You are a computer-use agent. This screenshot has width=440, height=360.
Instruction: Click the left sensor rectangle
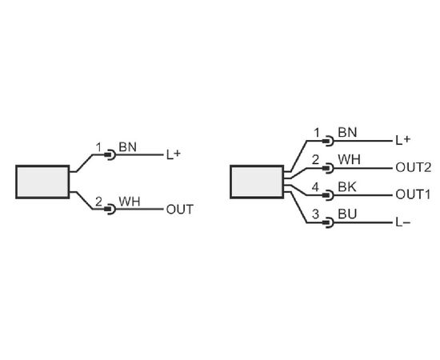coord(42,182)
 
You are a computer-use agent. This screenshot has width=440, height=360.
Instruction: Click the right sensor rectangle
coord(257,182)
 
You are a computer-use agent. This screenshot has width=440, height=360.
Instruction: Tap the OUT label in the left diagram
coord(180,210)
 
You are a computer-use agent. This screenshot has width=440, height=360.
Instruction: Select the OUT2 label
coord(413,167)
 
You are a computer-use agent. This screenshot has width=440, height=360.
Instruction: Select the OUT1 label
coord(413,194)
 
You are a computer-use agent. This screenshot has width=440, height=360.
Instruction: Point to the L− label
coord(403,222)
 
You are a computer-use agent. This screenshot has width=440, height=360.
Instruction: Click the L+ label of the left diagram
coord(174,154)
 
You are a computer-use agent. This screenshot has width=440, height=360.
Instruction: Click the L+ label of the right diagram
coord(403,140)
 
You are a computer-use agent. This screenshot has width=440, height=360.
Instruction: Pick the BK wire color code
coord(347,187)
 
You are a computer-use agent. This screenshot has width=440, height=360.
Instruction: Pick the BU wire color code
coord(347,214)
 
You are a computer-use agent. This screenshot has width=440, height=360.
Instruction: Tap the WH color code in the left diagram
coord(130,202)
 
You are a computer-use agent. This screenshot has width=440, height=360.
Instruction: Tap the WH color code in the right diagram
coord(349,159)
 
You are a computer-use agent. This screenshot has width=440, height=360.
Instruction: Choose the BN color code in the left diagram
coord(128,147)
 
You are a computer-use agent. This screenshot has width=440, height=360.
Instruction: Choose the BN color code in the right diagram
coord(347,132)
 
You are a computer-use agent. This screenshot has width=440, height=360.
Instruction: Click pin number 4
coord(316,187)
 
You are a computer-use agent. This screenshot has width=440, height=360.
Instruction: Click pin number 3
coord(316,214)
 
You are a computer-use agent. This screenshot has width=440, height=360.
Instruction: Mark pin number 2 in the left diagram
coord(98,202)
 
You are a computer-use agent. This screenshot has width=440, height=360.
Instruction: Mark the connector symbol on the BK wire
coord(328,195)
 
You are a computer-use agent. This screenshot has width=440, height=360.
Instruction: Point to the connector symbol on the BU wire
coord(328,222)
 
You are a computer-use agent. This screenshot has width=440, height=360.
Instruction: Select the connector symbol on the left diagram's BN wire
coord(110,154)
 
